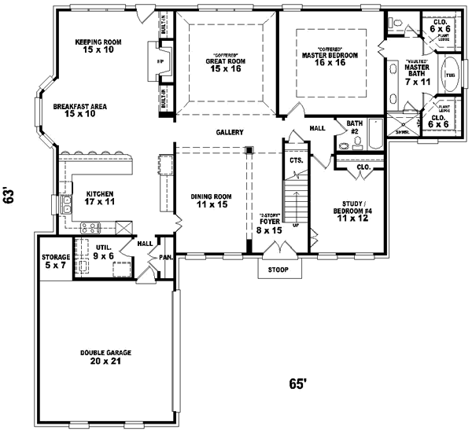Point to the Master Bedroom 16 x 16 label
pos(330,60)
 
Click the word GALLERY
pos(230,132)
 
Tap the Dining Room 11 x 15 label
pos(212,200)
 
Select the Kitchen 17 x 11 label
pos(101,197)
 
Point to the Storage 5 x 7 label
pos(56,262)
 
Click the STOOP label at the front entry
pos(278,270)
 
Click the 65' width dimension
pos(297,384)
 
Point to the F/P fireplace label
pos(160,61)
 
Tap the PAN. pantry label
pos(166,257)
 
